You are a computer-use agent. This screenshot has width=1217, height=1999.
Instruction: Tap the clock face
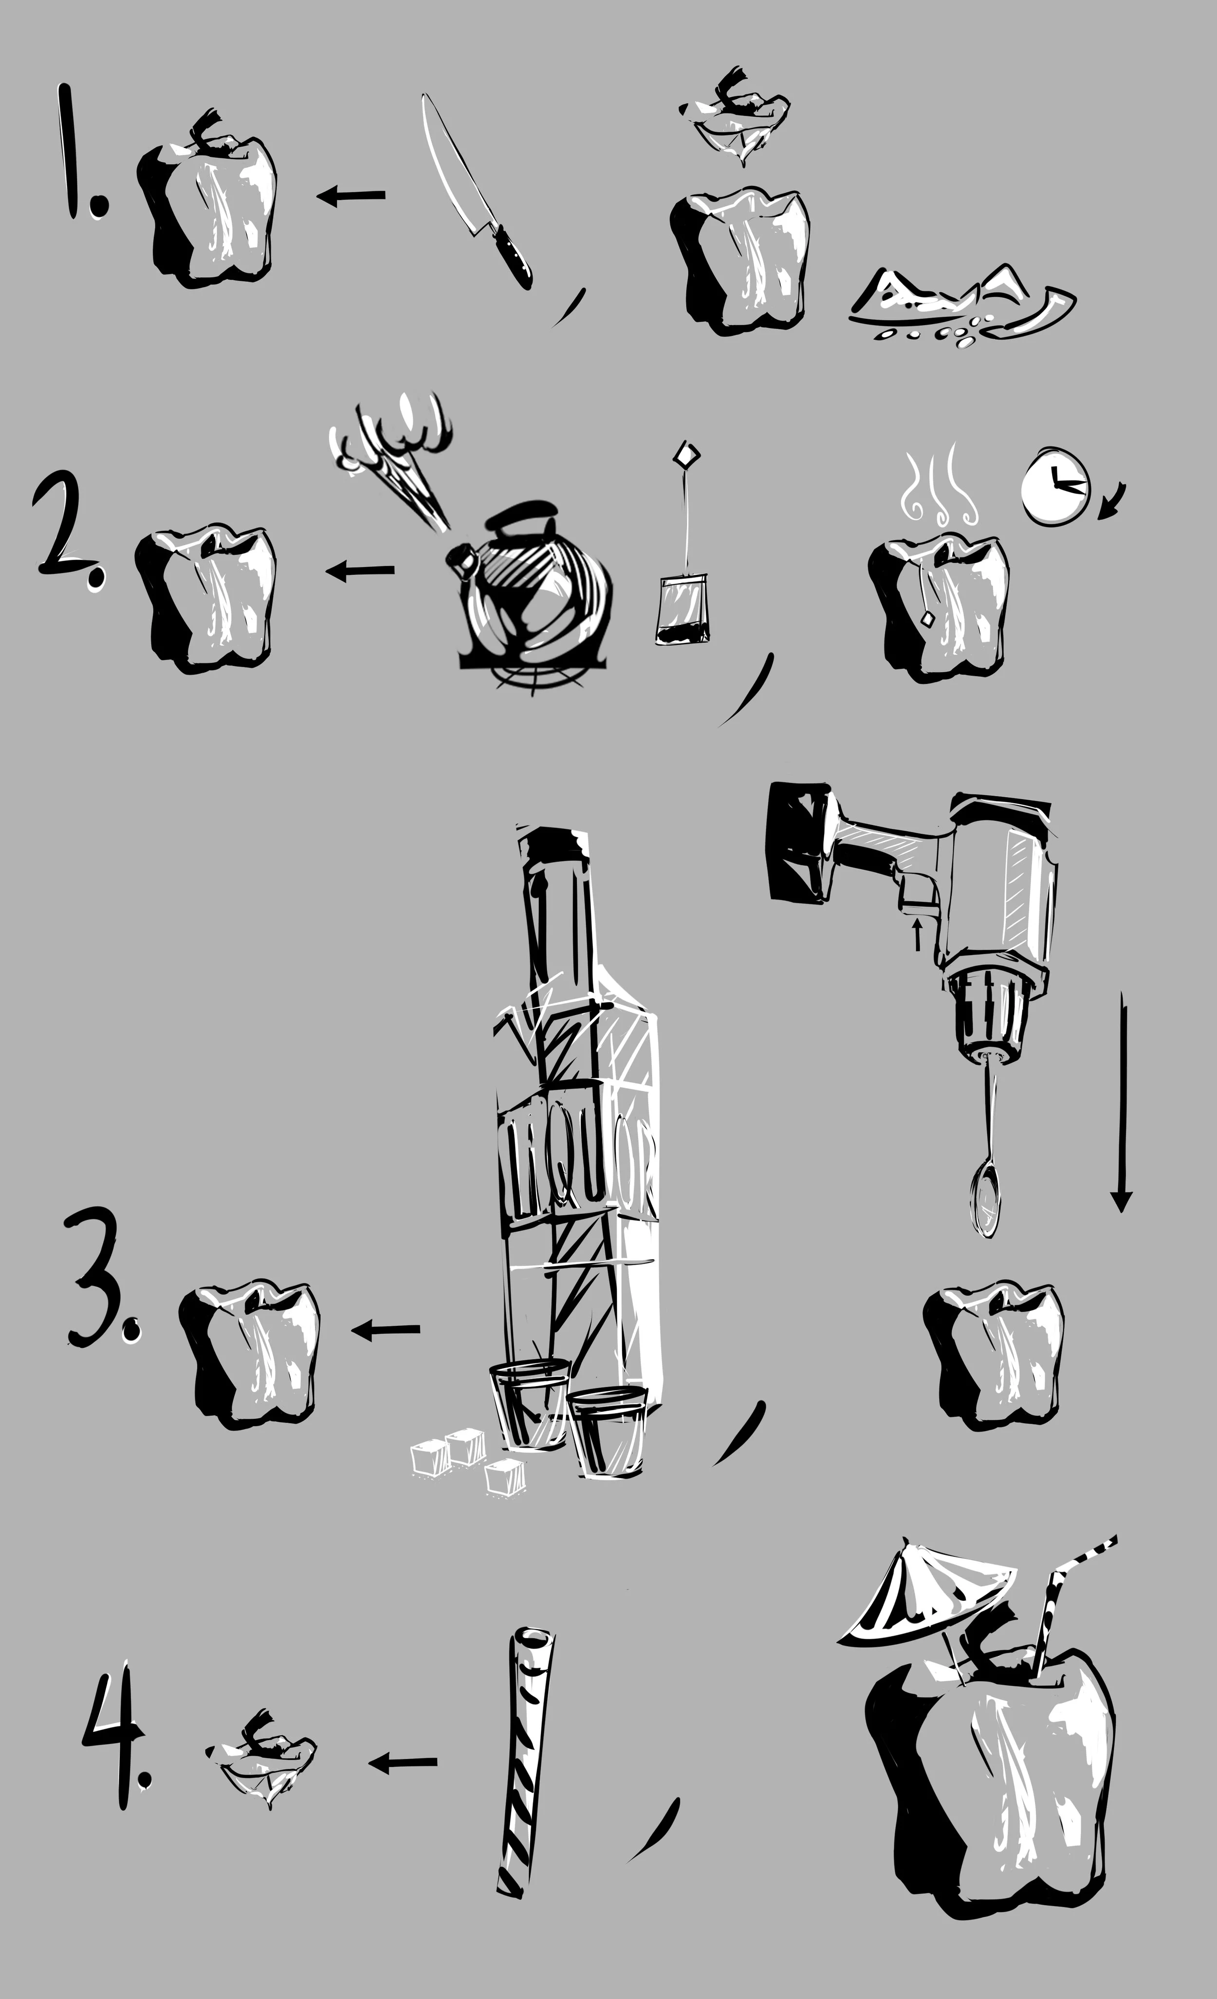[x=1053, y=485]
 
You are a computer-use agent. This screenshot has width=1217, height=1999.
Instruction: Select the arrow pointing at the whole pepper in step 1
[x=350, y=196]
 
